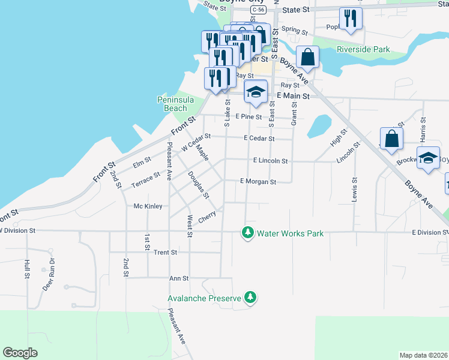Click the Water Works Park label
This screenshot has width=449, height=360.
[291, 233]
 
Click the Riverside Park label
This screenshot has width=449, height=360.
[363, 49]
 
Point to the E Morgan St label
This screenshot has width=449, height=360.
[258, 181]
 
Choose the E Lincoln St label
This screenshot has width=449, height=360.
[271, 161]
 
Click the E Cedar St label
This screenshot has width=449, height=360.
[259, 138]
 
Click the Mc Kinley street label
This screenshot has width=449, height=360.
[148, 206]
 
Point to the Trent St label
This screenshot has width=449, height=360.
[165, 253]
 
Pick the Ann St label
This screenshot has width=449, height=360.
[179, 278]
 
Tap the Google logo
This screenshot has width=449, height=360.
[20, 353]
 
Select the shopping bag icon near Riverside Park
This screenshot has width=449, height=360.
[307, 58]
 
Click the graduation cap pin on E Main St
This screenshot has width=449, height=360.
[256, 92]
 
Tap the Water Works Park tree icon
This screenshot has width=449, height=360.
[247, 232]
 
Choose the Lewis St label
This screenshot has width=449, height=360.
[354, 189]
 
